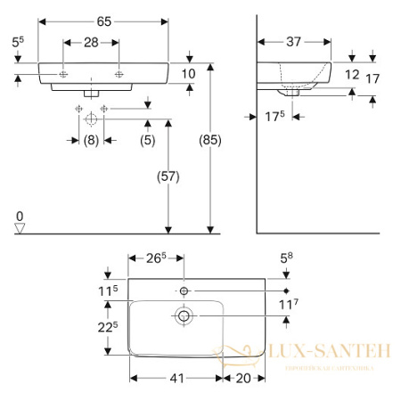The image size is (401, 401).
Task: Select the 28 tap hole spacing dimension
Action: [93, 41]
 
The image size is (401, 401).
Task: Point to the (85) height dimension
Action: [209, 141]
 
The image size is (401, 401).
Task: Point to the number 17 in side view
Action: [373, 78]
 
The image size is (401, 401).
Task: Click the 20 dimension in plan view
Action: [241, 378]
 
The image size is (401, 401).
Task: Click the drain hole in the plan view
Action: [184, 314]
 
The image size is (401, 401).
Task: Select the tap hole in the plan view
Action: [184, 291]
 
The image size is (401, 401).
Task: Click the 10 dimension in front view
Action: [189, 73]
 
